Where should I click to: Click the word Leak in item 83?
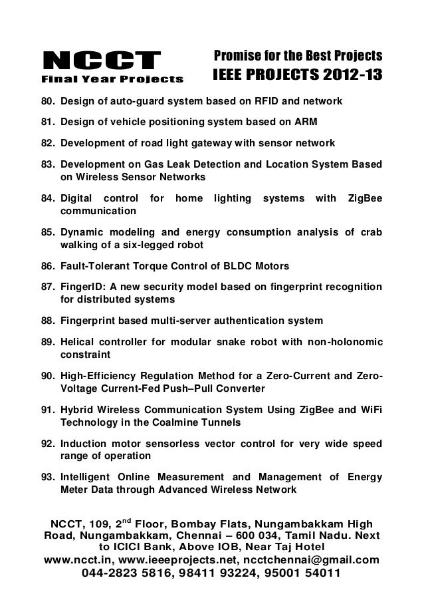200,164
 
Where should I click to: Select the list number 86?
48,267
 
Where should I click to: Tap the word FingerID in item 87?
82,287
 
